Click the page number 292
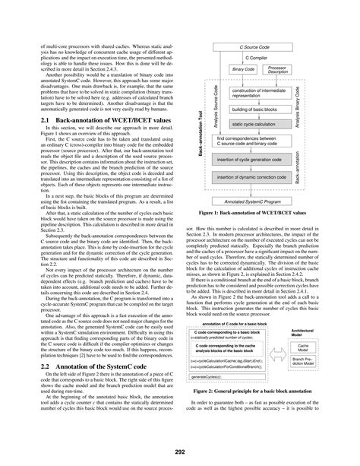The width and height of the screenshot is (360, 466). point(180,451)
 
